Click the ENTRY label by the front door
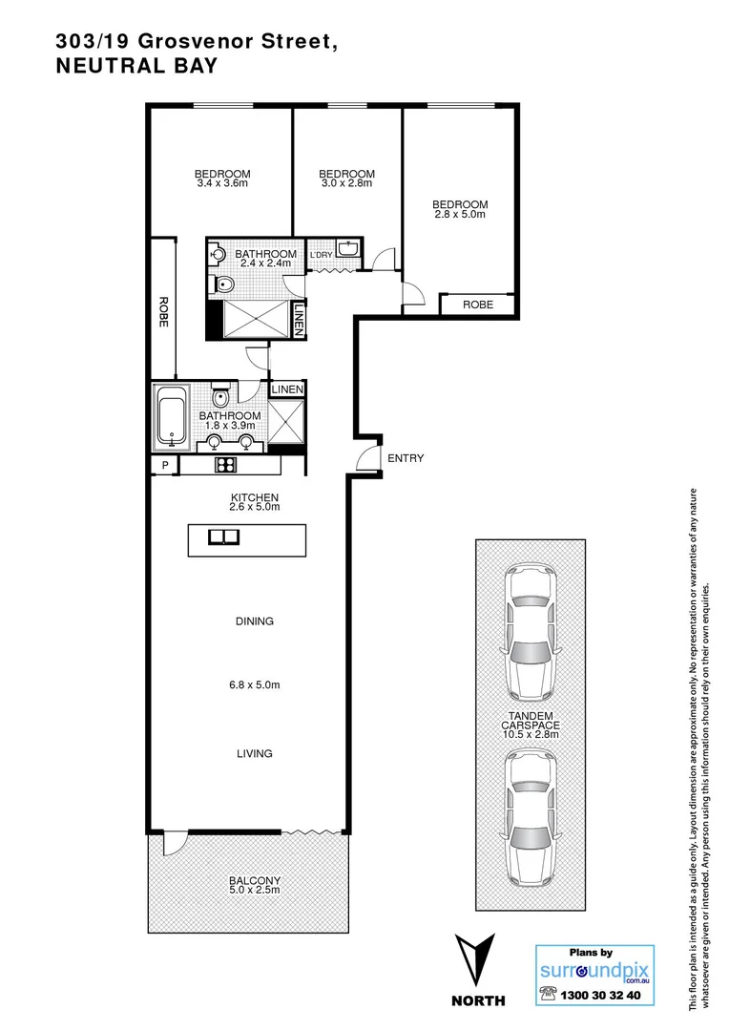click(x=406, y=458)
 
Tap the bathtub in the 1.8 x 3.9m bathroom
click(x=173, y=417)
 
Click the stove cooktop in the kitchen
click(x=226, y=466)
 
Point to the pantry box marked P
click(x=165, y=466)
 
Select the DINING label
click(x=255, y=621)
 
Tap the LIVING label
click(x=255, y=753)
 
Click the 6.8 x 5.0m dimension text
click(x=255, y=684)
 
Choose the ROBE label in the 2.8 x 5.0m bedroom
click(x=477, y=305)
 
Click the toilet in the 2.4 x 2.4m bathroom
click(x=224, y=284)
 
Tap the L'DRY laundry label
click(x=323, y=255)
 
